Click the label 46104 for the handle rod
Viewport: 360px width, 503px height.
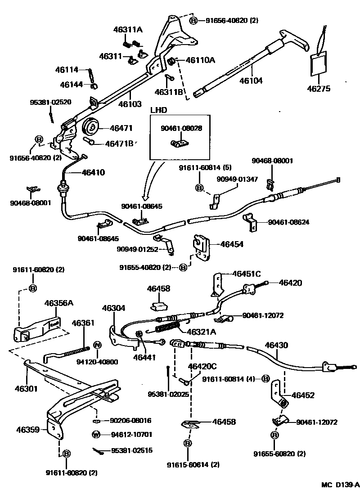pyautogui.click(x=251, y=81)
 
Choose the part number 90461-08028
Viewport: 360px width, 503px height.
pyautogui.click(x=181, y=128)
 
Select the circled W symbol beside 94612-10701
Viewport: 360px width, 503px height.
pyautogui.click(x=96, y=435)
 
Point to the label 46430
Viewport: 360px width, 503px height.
pyautogui.click(x=276, y=345)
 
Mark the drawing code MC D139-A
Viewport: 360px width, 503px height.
pyautogui.click(x=340, y=485)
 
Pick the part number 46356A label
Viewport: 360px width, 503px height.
pyautogui.click(x=58, y=303)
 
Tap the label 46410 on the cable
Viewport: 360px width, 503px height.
pyautogui.click(x=93, y=172)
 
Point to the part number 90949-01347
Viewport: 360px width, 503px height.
pyautogui.click(x=237, y=179)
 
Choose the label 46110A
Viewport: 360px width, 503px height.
pyautogui.click(x=200, y=59)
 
